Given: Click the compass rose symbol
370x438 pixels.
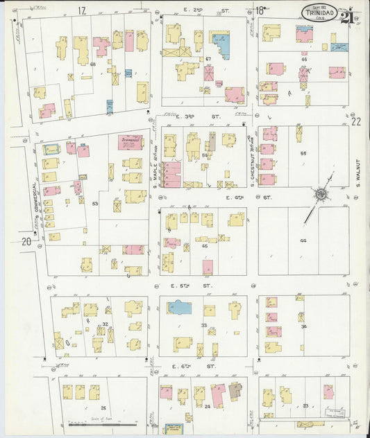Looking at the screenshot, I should coord(320,195).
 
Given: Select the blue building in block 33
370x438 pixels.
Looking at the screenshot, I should coord(179,307).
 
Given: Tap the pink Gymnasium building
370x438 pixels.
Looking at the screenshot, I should coord(130,141).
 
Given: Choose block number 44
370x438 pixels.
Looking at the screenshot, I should coord(303,240).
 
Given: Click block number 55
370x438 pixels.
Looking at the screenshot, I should coord(303,152).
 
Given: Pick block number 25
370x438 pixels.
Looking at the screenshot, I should coord(103,408).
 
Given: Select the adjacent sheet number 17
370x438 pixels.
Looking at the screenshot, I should coord(82,10).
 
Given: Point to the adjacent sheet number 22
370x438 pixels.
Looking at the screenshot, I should coord(356,121).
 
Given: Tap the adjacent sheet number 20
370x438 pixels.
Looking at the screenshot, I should coord(26,241).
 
